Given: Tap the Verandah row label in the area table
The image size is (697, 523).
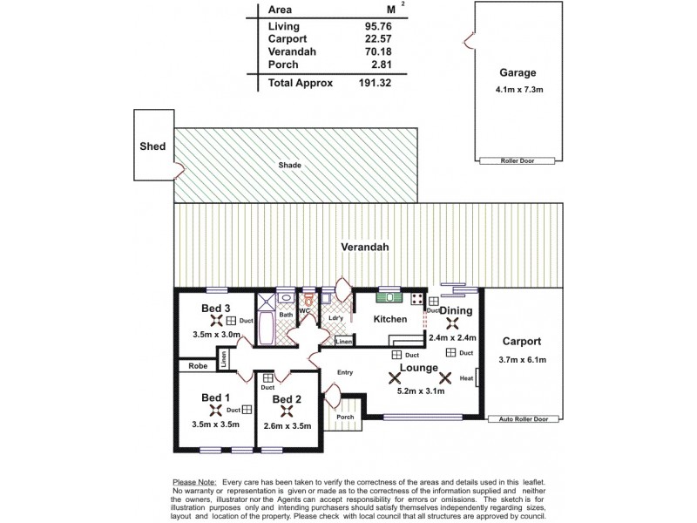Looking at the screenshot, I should (x=294, y=51).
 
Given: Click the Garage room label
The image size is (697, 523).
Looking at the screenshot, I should (x=518, y=73).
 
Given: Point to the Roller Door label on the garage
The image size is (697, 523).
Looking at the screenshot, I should (x=518, y=160).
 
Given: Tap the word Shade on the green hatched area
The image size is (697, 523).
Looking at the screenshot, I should (x=289, y=165).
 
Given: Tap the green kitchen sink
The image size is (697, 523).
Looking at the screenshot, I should (x=388, y=300).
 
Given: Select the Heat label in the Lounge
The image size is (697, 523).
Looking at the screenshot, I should (x=466, y=378).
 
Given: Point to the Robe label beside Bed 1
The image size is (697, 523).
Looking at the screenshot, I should (x=198, y=367).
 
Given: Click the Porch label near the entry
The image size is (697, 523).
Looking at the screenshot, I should (x=345, y=417).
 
